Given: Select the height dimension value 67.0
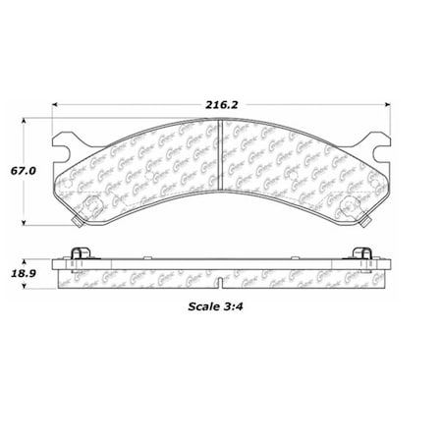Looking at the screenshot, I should (x=25, y=168).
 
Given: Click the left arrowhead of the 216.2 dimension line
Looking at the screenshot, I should (x=56, y=101).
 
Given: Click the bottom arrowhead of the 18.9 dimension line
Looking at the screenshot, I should (x=26, y=295).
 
